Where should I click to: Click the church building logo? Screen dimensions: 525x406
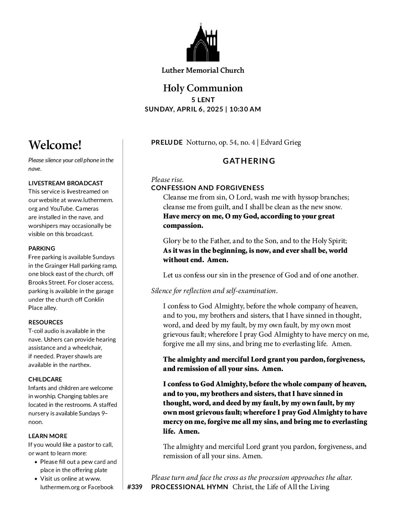click(203, 44)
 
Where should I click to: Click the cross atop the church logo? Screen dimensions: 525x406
click(201, 25)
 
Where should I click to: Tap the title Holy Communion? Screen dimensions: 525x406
click(203, 88)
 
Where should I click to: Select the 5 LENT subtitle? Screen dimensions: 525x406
click(203, 100)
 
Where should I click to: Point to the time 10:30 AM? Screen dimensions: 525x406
click(245, 109)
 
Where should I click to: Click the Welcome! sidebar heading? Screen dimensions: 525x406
click(55, 145)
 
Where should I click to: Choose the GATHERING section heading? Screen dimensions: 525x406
click(249, 161)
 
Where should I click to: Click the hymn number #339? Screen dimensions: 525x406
click(135, 487)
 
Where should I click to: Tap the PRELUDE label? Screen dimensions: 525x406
click(167, 142)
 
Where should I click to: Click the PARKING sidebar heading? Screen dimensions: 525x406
click(42, 248)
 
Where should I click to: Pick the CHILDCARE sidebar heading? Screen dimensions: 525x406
click(45, 380)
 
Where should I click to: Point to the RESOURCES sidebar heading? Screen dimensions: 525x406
click(46, 322)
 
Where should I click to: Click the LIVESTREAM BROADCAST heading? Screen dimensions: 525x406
click(66, 183)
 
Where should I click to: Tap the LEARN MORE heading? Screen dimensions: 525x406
click(48, 436)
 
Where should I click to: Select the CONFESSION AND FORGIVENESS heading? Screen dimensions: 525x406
click(207, 188)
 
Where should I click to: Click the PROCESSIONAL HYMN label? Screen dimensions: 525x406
click(190, 487)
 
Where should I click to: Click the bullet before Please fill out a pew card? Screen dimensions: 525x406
click(36, 462)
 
